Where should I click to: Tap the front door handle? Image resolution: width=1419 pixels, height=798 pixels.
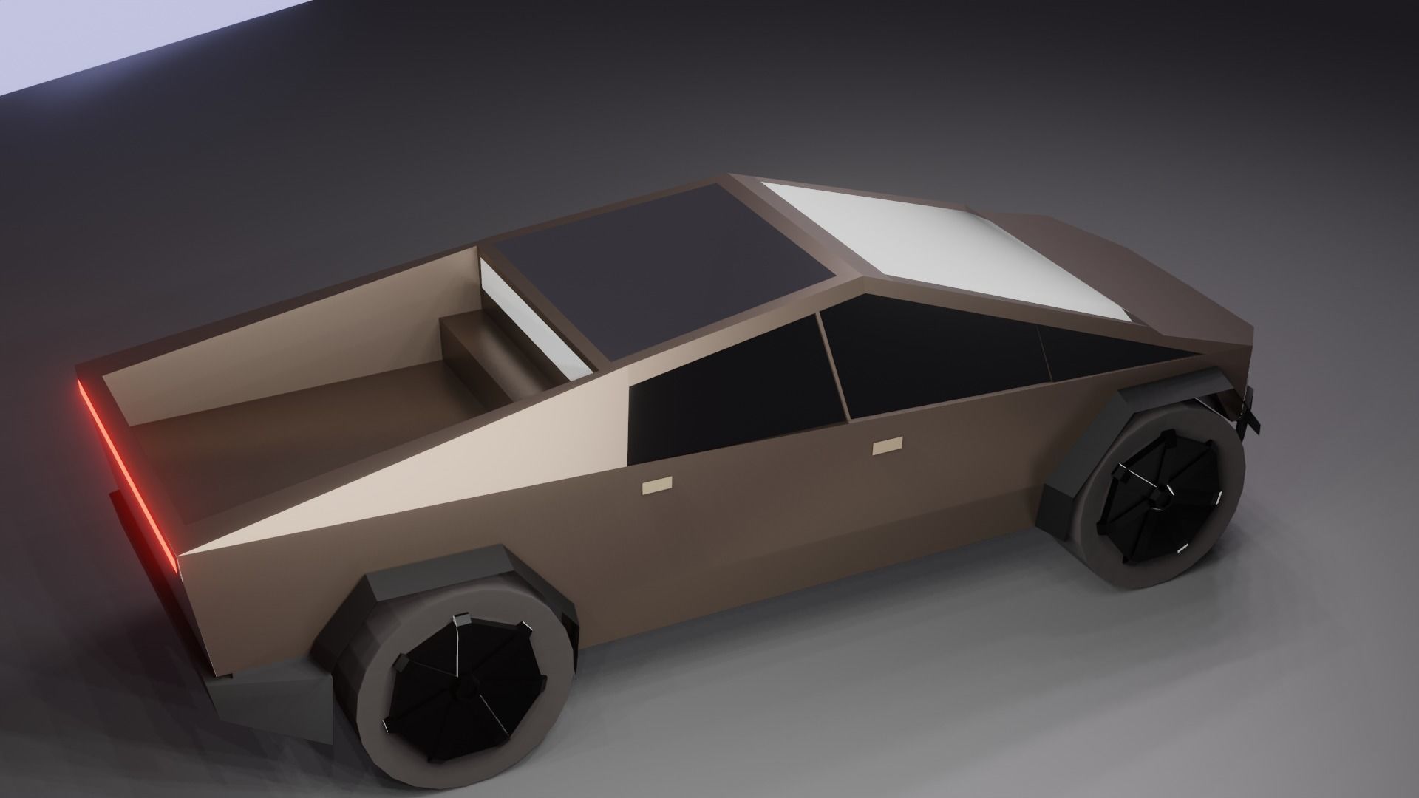click(x=887, y=448)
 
